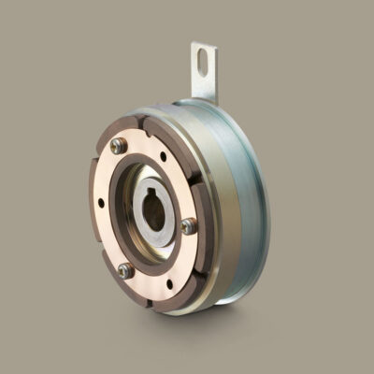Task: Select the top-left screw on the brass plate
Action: (118, 145)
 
